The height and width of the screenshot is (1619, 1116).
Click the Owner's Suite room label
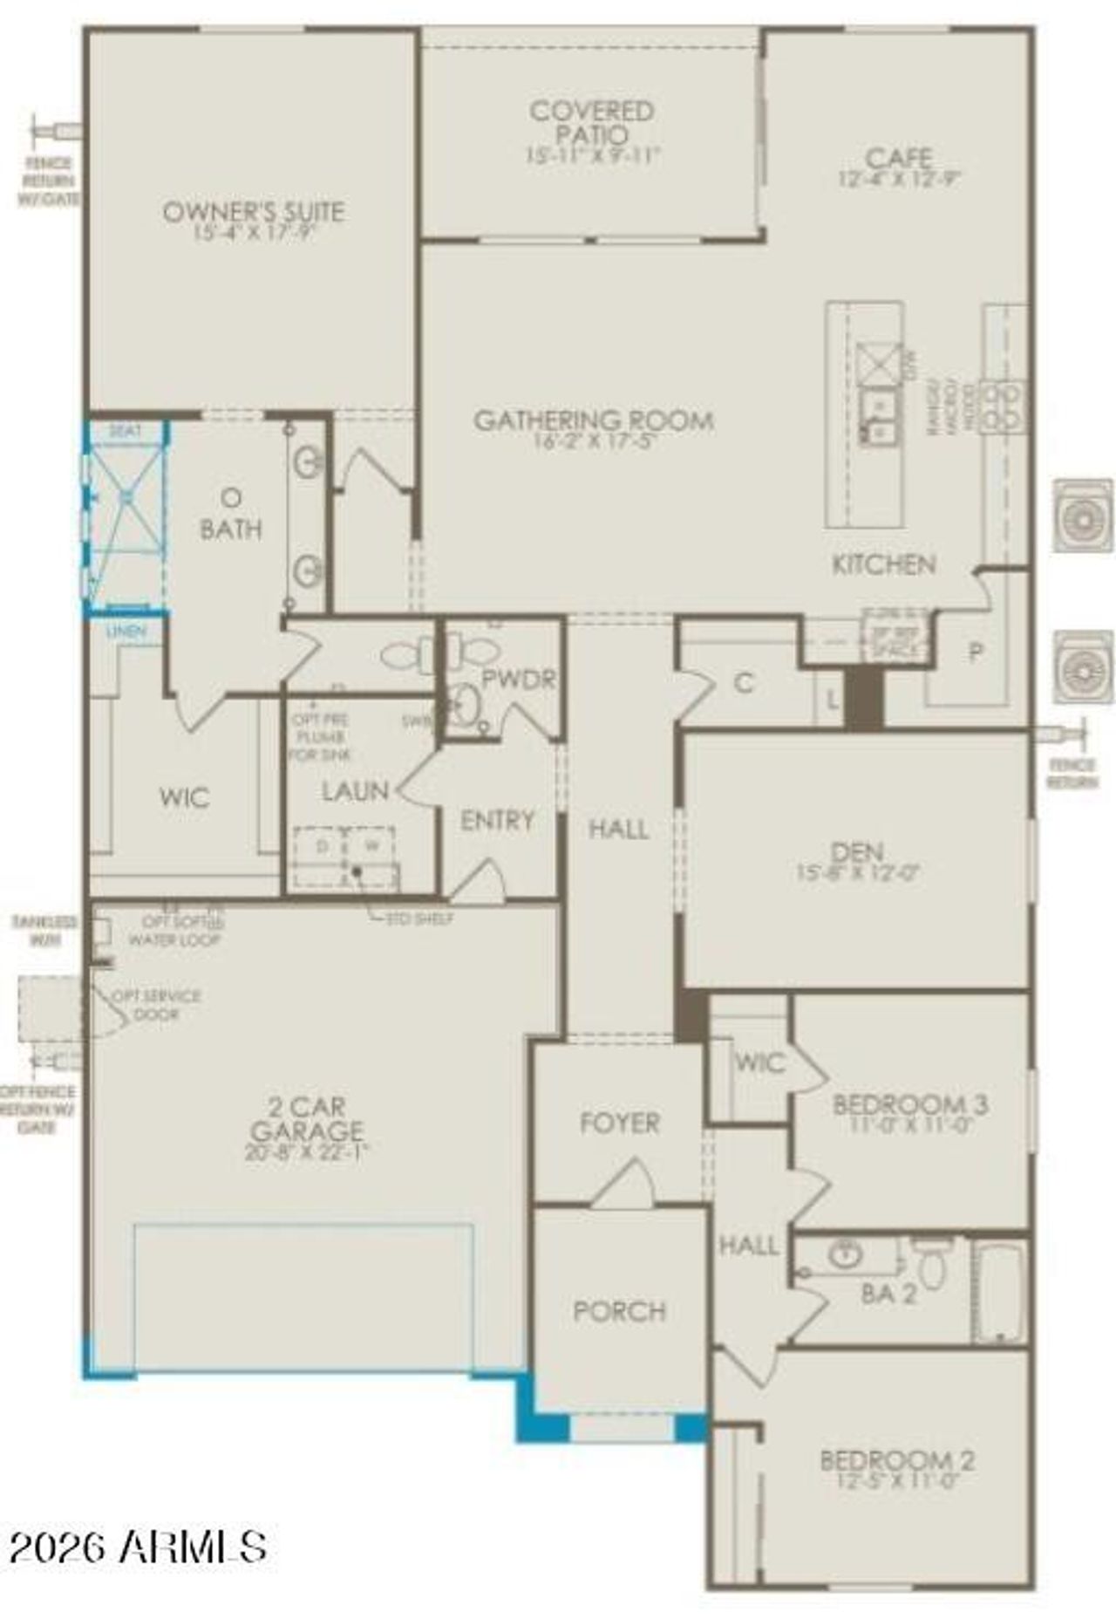pyautogui.click(x=254, y=211)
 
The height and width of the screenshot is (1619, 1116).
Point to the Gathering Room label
pyautogui.click(x=594, y=420)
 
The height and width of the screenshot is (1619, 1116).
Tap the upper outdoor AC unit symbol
pyautogui.click(x=1082, y=516)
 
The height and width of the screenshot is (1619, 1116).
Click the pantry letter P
pyautogui.click(x=976, y=652)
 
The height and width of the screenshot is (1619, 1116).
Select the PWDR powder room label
pyautogui.click(x=519, y=680)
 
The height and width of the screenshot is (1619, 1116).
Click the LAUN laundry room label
pyautogui.click(x=355, y=791)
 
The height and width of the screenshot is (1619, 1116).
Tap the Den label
pyautogui.click(x=857, y=850)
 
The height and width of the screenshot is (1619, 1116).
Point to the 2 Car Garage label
pyautogui.click(x=306, y=1119)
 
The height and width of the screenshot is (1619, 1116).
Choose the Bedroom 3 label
pyautogui.click(x=910, y=1104)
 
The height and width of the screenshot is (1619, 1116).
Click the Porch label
pyautogui.click(x=620, y=1311)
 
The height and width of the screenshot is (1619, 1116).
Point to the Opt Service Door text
pyautogui.click(x=158, y=1005)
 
